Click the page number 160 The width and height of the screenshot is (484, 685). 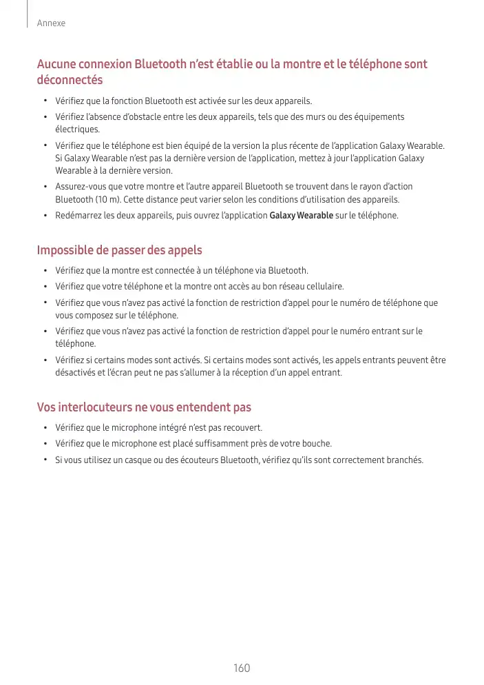click(x=242, y=668)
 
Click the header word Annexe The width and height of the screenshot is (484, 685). click(x=51, y=23)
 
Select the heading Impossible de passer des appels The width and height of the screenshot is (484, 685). click(x=119, y=249)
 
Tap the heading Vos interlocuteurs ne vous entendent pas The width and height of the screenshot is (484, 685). click(x=144, y=407)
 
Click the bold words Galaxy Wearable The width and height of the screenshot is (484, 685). click(x=302, y=216)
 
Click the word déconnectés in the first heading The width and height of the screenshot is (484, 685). click(x=70, y=81)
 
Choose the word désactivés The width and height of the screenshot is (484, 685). click(x=74, y=373)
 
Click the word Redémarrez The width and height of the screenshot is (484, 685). click(x=76, y=216)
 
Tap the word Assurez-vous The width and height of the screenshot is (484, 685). click(x=80, y=187)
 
